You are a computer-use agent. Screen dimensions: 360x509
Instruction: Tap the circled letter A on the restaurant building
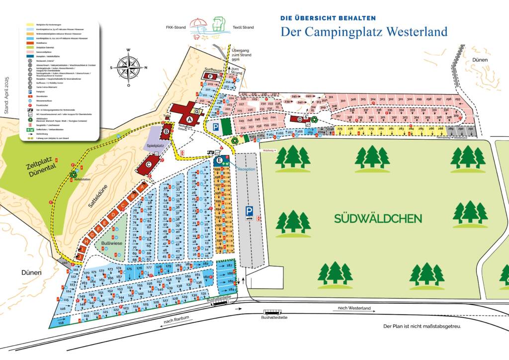coord(189,119)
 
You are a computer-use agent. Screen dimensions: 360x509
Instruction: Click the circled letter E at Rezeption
coord(219,161)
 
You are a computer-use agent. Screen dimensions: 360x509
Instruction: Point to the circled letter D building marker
coord(300,119)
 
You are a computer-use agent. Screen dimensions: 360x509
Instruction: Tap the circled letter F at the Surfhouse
coord(210,77)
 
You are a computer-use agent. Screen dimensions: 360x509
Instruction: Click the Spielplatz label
coord(155,146)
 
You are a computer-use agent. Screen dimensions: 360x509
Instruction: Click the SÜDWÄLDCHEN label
coord(378,218)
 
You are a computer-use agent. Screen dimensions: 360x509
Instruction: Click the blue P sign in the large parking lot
coord(249,211)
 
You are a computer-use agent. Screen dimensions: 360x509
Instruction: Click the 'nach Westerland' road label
coord(354,308)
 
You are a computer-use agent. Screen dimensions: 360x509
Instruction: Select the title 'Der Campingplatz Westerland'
coord(363,31)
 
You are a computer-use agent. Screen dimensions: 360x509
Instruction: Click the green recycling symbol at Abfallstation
coord(74,175)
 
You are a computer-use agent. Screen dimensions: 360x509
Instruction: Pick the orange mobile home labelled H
coord(86,242)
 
